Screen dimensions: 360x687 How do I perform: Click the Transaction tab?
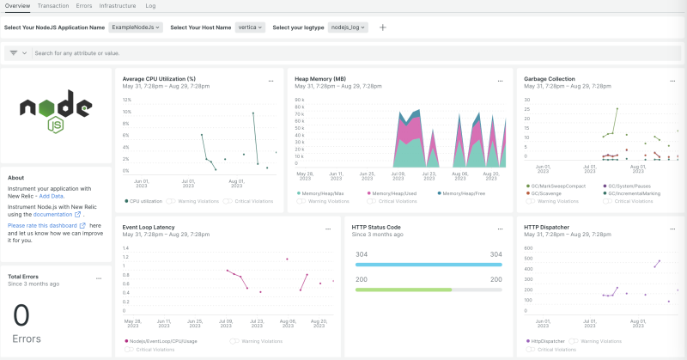coord(53,6)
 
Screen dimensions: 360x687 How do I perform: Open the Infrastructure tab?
coord(118,6)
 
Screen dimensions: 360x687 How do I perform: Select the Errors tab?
coord(84,6)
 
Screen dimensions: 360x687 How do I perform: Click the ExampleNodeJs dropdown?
coord(137,27)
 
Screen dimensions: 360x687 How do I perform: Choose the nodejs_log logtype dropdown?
coord(349,27)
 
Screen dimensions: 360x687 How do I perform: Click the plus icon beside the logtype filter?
coord(383,27)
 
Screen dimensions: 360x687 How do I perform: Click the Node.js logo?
coord(56,113)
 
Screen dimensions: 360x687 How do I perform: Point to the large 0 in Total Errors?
coord(21,314)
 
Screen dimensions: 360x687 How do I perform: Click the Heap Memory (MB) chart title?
coord(320,78)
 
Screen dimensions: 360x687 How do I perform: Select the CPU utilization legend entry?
coord(145,201)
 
